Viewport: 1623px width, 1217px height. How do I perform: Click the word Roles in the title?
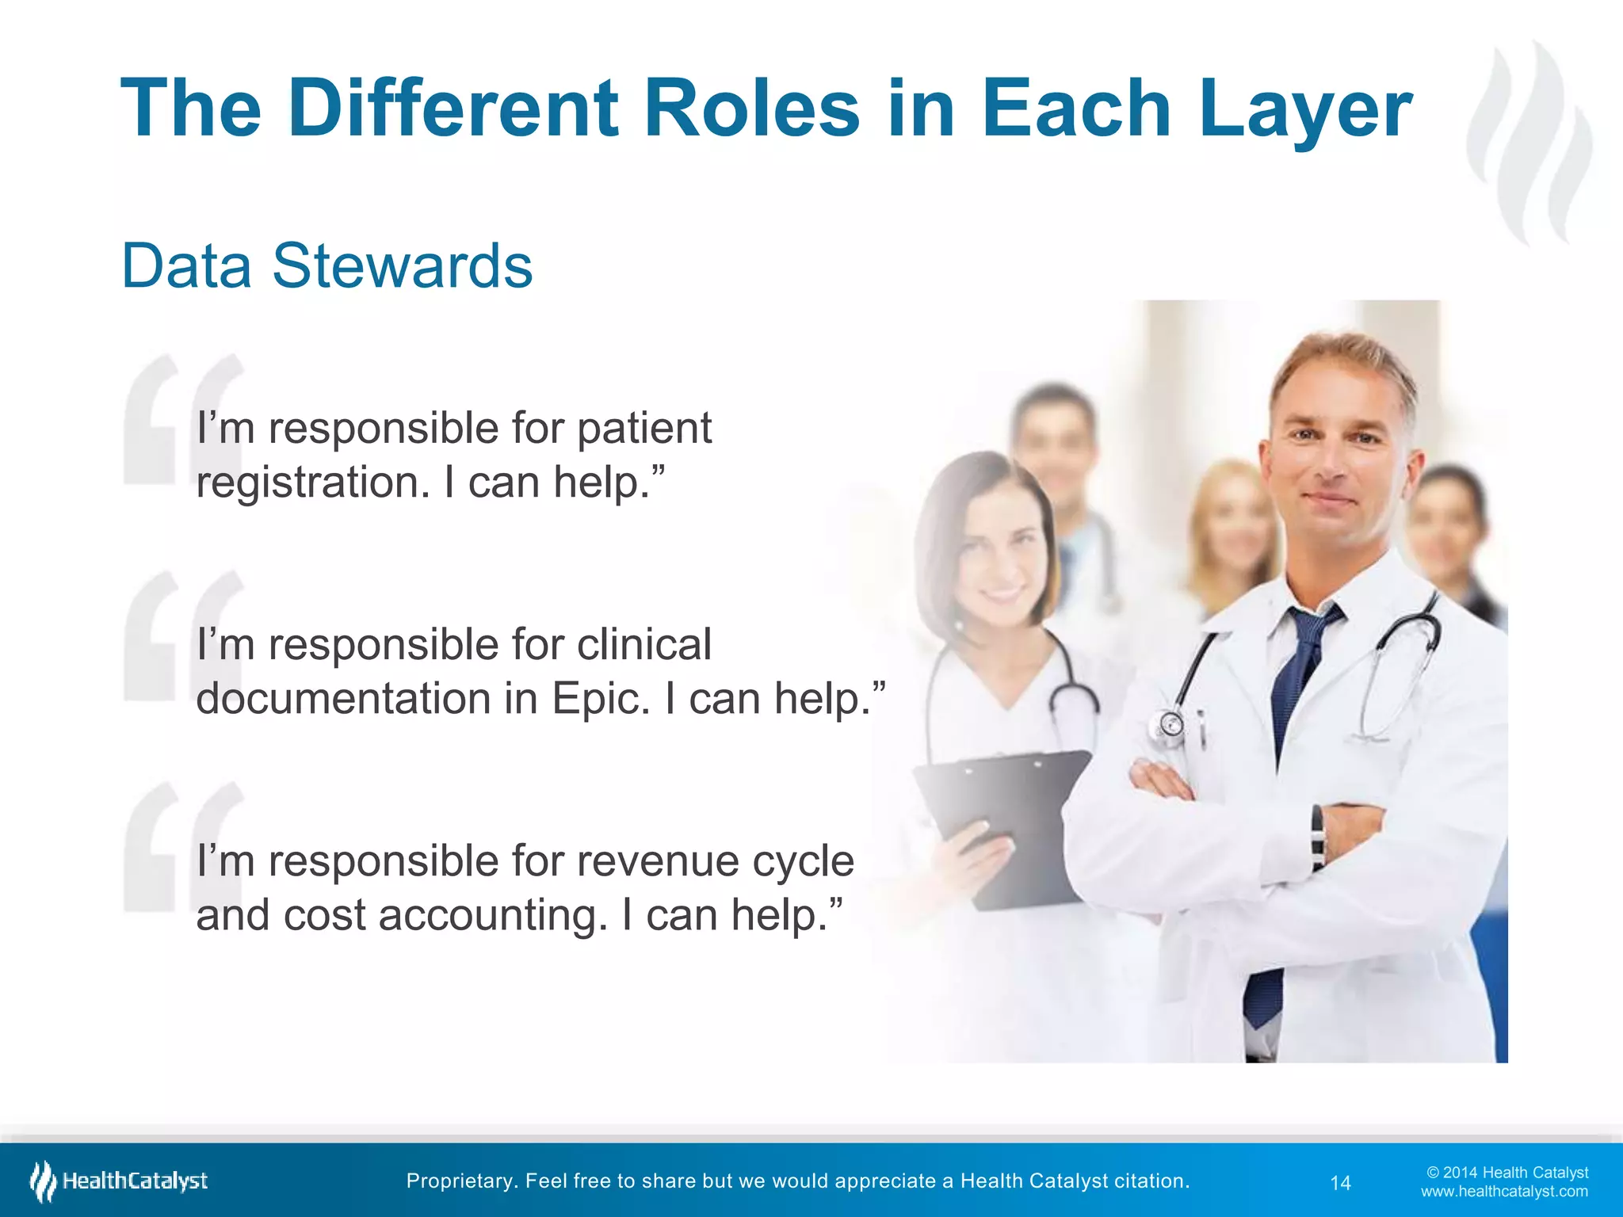(751, 109)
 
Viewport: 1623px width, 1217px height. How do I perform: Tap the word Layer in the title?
(1304, 109)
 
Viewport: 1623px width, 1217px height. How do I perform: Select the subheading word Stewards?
(403, 266)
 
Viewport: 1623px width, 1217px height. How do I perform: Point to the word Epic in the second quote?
(600, 700)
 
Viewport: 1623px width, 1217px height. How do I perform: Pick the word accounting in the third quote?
(491, 916)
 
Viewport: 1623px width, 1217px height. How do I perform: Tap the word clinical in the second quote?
(643, 645)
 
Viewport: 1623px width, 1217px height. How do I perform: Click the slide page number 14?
(1340, 1183)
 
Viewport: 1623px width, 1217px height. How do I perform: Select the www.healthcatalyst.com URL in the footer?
(1504, 1192)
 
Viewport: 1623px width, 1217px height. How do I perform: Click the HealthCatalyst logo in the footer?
(119, 1181)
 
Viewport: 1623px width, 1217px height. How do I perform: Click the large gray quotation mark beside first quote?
(182, 420)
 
